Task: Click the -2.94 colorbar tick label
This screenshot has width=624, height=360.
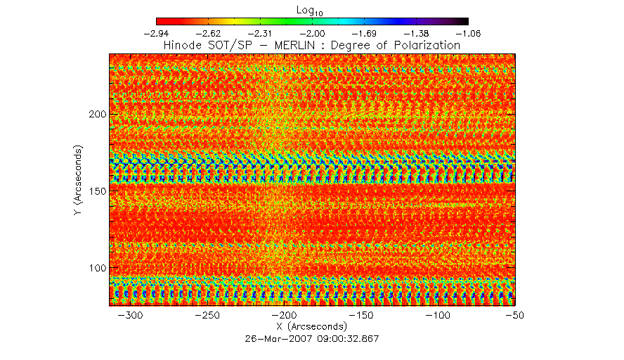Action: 156,33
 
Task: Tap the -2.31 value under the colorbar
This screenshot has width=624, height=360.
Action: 260,33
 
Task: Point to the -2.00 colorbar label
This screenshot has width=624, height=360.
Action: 312,33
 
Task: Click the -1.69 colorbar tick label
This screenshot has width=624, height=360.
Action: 365,33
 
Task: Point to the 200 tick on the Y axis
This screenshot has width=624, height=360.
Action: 96,114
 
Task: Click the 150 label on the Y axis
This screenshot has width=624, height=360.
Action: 96,191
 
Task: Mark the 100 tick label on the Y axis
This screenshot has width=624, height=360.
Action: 96,268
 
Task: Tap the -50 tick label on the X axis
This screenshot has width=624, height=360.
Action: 514,315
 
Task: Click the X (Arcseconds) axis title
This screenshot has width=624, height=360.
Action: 312,326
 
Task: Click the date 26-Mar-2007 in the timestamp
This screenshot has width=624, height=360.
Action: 272,338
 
